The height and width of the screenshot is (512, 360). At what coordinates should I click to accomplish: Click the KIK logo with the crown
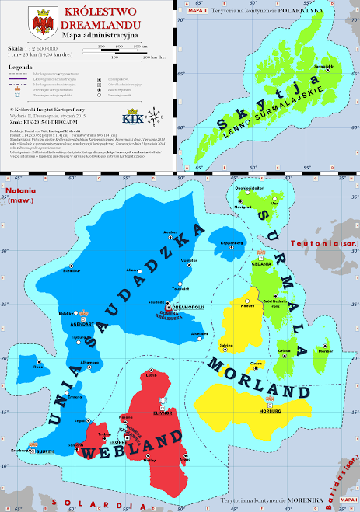(x=132, y=117)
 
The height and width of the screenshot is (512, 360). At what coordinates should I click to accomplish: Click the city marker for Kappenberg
(x=232, y=239)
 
